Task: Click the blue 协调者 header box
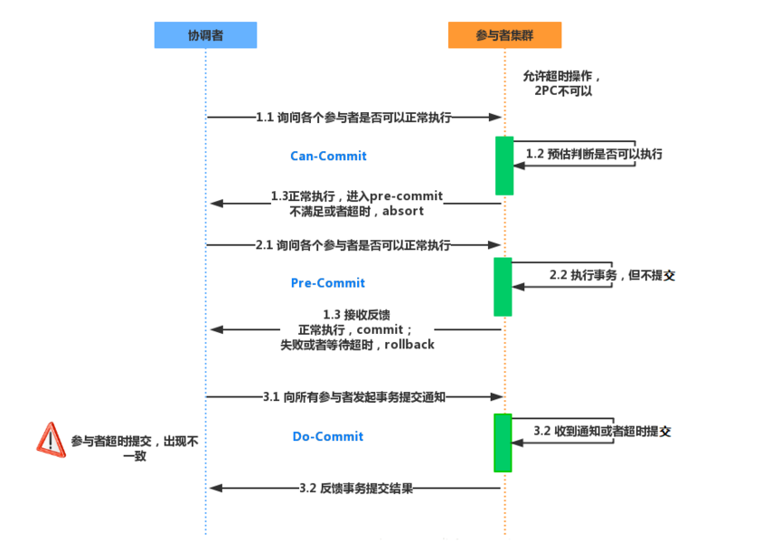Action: (205, 35)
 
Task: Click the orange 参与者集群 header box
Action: (504, 35)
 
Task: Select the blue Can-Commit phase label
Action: (328, 157)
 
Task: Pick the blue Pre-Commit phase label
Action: (327, 283)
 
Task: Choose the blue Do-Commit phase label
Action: (327, 437)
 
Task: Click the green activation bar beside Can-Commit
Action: (504, 166)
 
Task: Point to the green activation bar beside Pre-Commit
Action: (503, 287)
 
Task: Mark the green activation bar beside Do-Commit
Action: (503, 443)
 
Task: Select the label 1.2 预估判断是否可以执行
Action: (594, 154)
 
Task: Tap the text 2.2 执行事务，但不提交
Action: (612, 275)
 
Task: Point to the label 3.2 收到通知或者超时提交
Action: (602, 431)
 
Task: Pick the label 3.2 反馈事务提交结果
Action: (356, 488)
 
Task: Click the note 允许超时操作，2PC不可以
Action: (562, 84)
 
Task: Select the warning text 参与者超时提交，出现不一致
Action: (134, 449)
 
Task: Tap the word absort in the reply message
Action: (403, 212)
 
